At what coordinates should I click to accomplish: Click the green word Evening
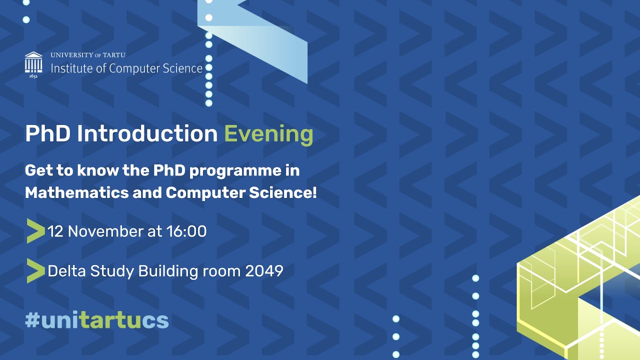(268, 134)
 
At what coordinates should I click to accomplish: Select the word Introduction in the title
(147, 134)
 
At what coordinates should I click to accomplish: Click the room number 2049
(264, 271)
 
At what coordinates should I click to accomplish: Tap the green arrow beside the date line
(35, 231)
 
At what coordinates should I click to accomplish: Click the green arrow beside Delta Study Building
(35, 271)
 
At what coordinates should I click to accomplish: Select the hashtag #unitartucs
(97, 320)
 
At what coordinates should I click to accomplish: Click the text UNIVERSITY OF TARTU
(88, 55)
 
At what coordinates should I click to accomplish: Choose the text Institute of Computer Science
(126, 68)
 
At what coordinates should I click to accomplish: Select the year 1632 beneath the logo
(33, 76)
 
